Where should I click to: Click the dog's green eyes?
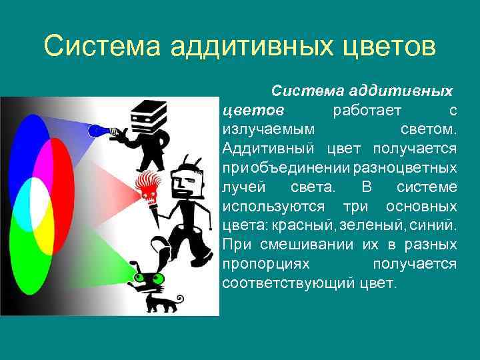[141, 277]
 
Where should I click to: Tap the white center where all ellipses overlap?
[39, 198]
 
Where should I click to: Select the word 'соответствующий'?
[287, 283]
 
